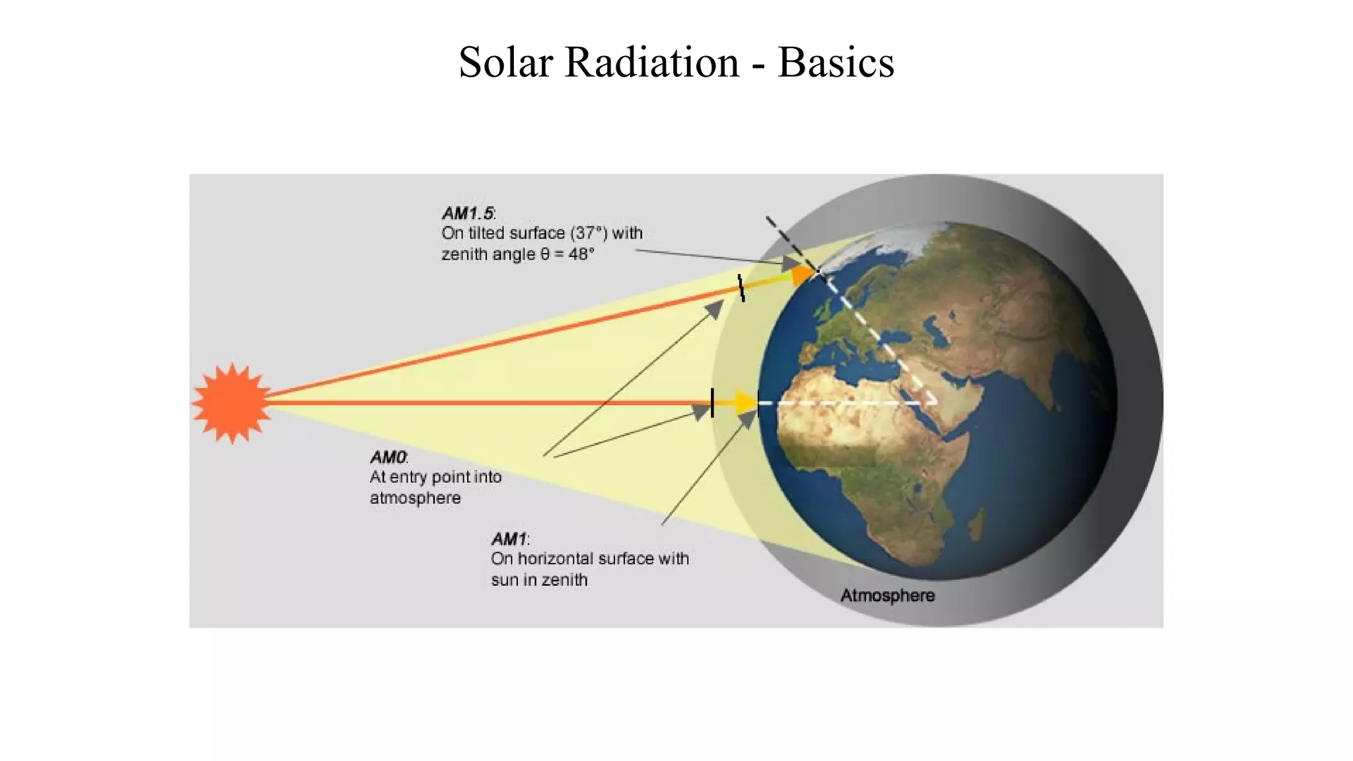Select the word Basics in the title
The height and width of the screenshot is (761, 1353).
pos(836,63)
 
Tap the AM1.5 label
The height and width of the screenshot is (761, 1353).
pos(468,213)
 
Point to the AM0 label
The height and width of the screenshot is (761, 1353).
pos(388,457)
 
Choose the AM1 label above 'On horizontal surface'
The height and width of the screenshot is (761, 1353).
pos(509,539)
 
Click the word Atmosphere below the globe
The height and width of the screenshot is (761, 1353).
pos(887,595)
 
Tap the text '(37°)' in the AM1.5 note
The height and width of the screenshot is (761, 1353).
pos(588,233)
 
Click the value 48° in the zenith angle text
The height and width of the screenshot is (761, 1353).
pos(581,254)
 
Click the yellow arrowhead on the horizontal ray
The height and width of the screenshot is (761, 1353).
pos(747,402)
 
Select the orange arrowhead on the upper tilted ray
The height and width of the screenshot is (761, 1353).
pos(803,273)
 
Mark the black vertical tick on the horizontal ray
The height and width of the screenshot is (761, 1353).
pos(712,402)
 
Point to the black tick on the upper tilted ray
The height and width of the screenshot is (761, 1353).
pos(741,288)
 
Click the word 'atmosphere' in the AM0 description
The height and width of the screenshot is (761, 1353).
pos(415,498)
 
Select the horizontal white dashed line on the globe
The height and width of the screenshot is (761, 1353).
pos(852,402)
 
